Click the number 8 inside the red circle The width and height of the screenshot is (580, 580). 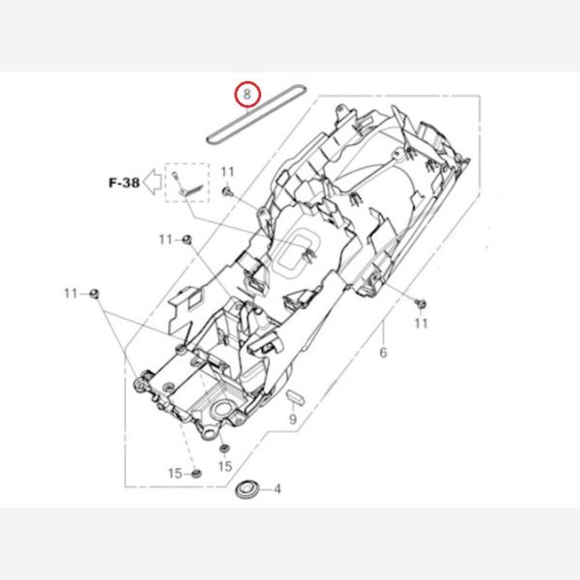coord(246,94)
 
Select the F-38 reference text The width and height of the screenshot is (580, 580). coord(124,183)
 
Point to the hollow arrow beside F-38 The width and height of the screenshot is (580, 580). coord(152,182)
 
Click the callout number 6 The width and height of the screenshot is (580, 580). coord(383,353)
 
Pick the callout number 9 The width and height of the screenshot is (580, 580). coord(293,420)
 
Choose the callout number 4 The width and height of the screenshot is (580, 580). coord(277,489)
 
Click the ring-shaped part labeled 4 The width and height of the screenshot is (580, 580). coord(247,490)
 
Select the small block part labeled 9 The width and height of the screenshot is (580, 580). coord(295,397)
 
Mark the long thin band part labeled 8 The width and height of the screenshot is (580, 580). coord(256,115)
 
